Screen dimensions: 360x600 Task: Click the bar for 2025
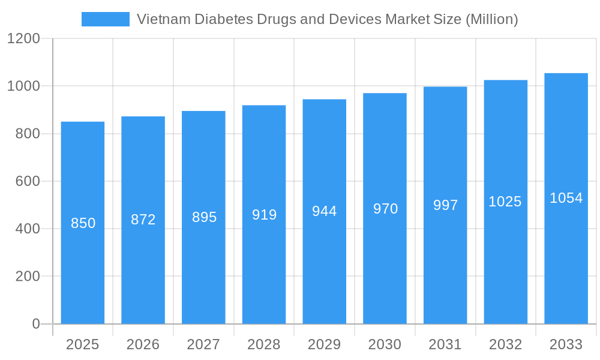coord(83,270)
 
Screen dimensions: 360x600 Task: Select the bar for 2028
coord(264,270)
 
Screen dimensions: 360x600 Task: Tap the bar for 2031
coord(445,270)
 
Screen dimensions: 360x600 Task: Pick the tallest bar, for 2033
coord(566,270)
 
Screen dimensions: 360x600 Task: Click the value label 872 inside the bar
coord(143,220)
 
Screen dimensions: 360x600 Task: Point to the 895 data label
coord(204,217)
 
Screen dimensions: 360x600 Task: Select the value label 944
coord(325,211)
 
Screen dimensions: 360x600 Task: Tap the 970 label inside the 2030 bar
coord(385,209)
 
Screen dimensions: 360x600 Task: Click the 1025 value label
coord(505,202)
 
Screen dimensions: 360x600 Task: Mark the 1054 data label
coord(566,198)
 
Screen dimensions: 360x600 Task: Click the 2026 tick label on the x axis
coord(143,344)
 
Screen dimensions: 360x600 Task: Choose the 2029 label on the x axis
coord(325,344)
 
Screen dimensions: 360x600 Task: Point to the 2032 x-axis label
coord(505,344)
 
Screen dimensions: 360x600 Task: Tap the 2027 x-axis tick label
coord(203,344)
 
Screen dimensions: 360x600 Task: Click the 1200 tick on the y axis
coord(23,39)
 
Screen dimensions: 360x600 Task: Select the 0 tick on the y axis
coord(35,324)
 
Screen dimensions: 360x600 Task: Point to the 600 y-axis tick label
coord(28,181)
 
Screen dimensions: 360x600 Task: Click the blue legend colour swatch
coord(106,19)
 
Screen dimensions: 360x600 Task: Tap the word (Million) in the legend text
coord(491,19)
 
